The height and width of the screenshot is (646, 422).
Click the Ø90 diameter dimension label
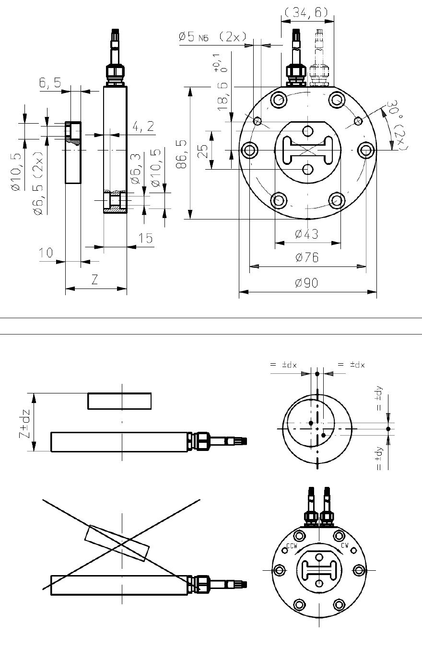click(307, 283)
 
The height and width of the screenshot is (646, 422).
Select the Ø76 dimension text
click(307, 258)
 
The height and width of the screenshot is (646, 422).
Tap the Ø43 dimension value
click(307, 234)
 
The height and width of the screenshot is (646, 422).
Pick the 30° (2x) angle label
click(396, 126)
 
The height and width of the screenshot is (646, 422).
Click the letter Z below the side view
click(94, 280)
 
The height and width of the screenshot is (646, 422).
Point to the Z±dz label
click(26, 422)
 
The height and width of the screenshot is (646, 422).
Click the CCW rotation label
click(292, 546)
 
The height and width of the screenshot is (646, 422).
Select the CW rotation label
click(344, 545)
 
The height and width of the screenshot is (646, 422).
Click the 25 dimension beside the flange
click(203, 151)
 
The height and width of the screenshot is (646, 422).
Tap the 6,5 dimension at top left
click(50, 83)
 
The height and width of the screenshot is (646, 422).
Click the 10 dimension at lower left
click(47, 253)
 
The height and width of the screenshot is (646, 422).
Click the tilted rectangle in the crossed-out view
click(117, 543)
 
